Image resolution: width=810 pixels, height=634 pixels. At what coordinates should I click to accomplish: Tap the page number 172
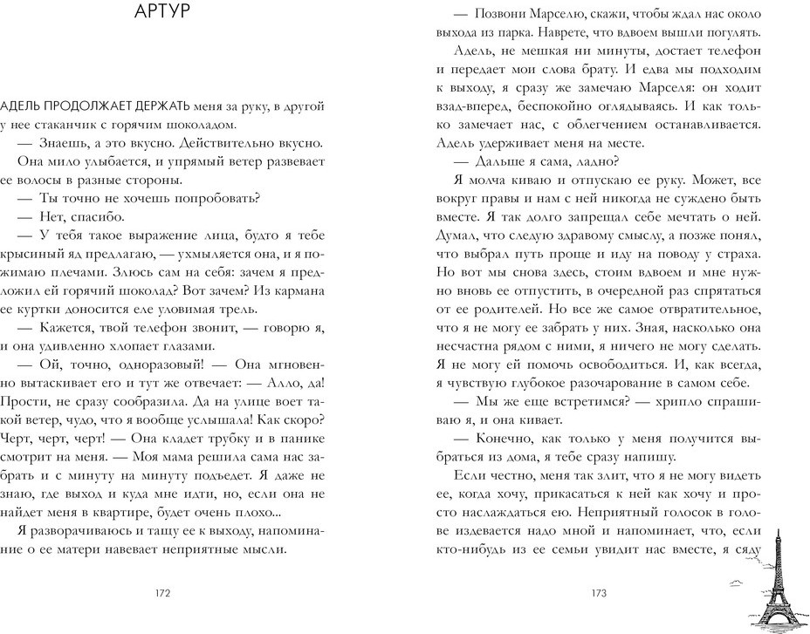[x=161, y=594]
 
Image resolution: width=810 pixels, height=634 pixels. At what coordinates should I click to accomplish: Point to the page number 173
[x=598, y=594]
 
